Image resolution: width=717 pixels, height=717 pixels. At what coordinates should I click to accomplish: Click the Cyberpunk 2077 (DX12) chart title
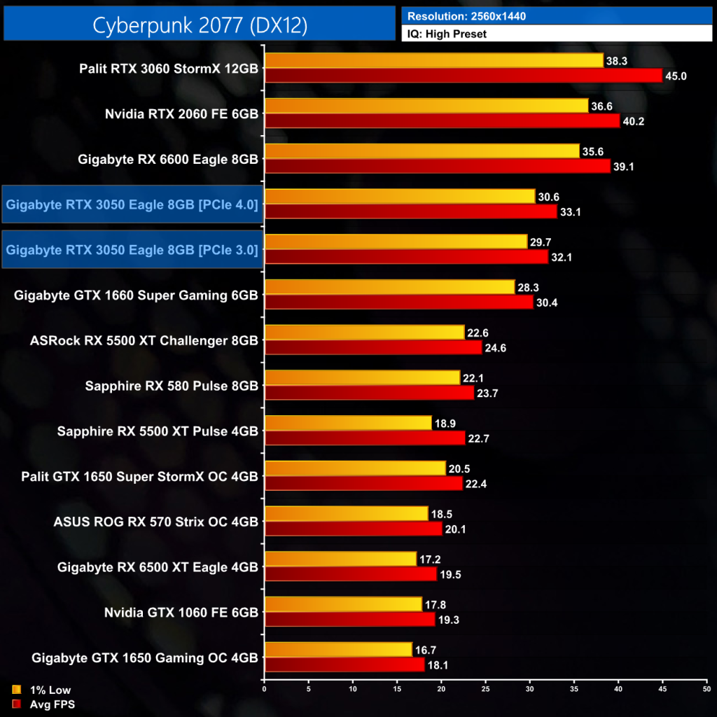tap(200, 25)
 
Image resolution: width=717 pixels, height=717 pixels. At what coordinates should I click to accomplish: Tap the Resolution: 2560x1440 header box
tap(557, 15)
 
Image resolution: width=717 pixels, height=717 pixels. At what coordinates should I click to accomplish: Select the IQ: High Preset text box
tap(557, 33)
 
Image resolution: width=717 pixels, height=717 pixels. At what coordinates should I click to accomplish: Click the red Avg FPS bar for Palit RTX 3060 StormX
tap(463, 76)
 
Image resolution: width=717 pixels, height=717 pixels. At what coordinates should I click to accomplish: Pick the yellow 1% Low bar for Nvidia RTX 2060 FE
tap(426, 106)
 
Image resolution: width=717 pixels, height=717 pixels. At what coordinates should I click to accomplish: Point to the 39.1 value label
tap(625, 167)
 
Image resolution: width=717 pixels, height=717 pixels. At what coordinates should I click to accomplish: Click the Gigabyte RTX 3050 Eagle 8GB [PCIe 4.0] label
tap(132, 204)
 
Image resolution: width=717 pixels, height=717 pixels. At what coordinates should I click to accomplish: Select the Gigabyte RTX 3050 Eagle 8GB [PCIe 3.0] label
tap(132, 249)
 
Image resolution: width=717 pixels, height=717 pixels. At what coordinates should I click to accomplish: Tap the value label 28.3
tap(529, 287)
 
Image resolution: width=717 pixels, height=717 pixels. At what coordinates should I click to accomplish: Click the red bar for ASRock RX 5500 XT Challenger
tap(373, 347)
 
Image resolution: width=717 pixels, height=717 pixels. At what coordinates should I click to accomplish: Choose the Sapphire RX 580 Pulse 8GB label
tap(172, 386)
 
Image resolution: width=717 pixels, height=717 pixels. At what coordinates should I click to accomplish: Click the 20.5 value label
tap(460, 468)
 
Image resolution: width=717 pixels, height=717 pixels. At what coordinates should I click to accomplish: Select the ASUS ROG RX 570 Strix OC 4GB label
tap(156, 522)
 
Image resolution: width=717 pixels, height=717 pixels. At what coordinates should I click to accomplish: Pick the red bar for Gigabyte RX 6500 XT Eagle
tap(350, 573)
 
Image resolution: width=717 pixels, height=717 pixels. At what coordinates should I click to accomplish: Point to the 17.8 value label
tap(436, 604)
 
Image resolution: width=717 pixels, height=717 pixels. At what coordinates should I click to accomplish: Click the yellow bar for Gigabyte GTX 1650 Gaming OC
tap(337, 649)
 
